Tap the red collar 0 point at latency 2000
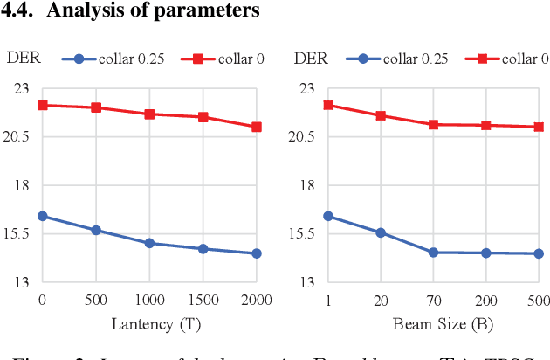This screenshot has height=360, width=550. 256,127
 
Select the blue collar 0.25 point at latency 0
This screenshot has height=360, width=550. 43,216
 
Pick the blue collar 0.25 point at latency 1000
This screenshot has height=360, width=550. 149,243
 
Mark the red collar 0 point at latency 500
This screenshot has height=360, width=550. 96,107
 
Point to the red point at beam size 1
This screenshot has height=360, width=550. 328,105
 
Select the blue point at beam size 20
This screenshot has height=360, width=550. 381,232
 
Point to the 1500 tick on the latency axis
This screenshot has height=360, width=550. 203,300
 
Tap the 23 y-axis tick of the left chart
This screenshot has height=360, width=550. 21,88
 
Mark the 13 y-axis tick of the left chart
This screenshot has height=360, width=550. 21,282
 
